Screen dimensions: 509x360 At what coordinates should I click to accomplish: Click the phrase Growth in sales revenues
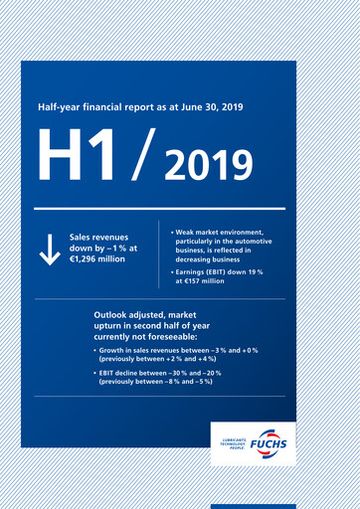point(142,351)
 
